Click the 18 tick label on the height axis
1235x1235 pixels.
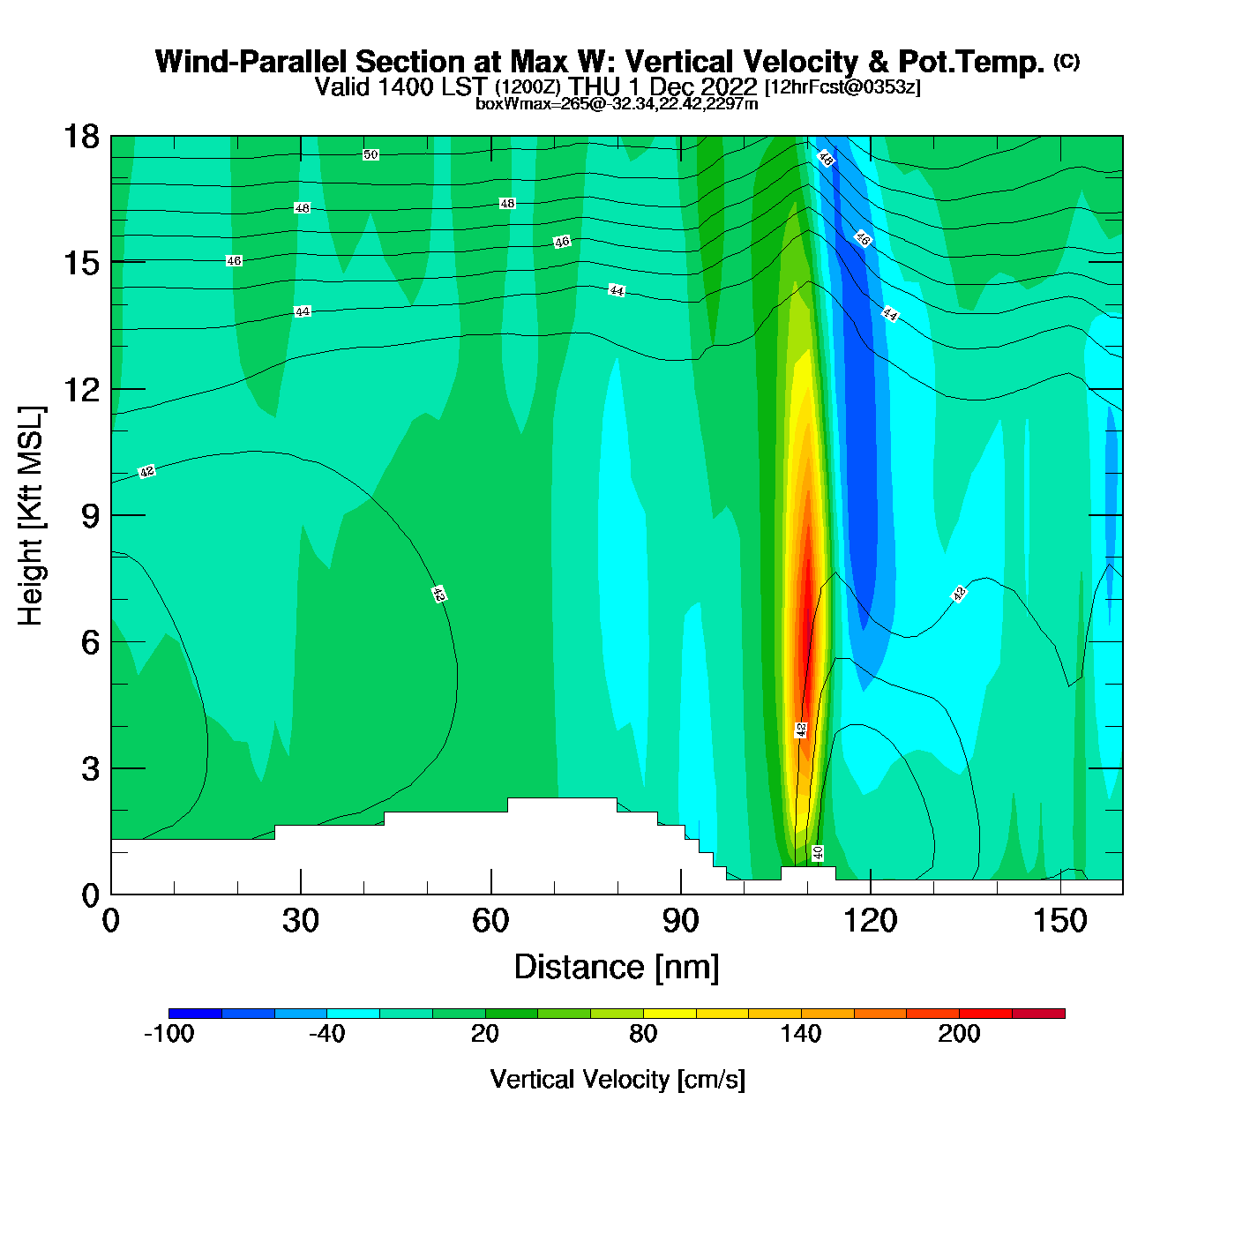pyautogui.click(x=80, y=137)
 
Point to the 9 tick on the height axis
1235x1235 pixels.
pyautogui.click(x=90, y=516)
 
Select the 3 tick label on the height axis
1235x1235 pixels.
pyautogui.click(x=90, y=768)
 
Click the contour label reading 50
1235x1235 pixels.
pyautogui.click(x=370, y=155)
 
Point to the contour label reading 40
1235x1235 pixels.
pyautogui.click(x=818, y=853)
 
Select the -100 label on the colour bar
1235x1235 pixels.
pyautogui.click(x=168, y=1035)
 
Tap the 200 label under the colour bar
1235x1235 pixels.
pyautogui.click(x=959, y=1035)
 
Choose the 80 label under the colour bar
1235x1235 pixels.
pyautogui.click(x=643, y=1035)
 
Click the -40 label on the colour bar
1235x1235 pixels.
pyautogui.click(x=326, y=1035)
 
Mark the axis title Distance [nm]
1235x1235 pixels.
pyautogui.click(x=617, y=968)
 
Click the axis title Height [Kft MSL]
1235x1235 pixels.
pyautogui.click(x=31, y=516)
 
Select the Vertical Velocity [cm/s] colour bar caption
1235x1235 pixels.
pyautogui.click(x=617, y=1080)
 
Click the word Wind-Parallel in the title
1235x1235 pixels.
pyautogui.click(x=251, y=63)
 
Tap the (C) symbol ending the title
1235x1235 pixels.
pyautogui.click(x=1067, y=61)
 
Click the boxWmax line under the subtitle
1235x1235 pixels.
pyautogui.click(x=617, y=103)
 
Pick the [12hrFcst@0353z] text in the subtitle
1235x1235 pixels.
pyautogui.click(x=842, y=87)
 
